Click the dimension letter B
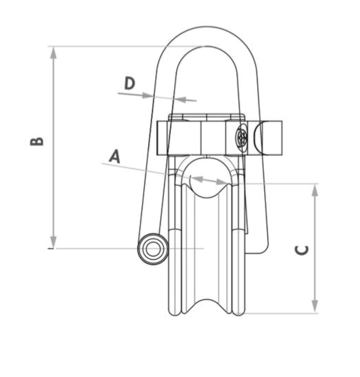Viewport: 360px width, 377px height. click(x=37, y=141)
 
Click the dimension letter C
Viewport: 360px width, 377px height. click(x=301, y=250)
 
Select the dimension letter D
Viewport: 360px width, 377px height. click(x=129, y=83)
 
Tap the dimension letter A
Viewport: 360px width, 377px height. click(x=114, y=156)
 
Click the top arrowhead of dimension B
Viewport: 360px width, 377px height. click(x=53, y=52)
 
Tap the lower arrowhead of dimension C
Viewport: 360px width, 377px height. click(x=315, y=307)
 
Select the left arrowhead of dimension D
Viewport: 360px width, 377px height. click(x=147, y=96)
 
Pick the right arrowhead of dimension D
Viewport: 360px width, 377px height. click(x=180, y=99)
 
